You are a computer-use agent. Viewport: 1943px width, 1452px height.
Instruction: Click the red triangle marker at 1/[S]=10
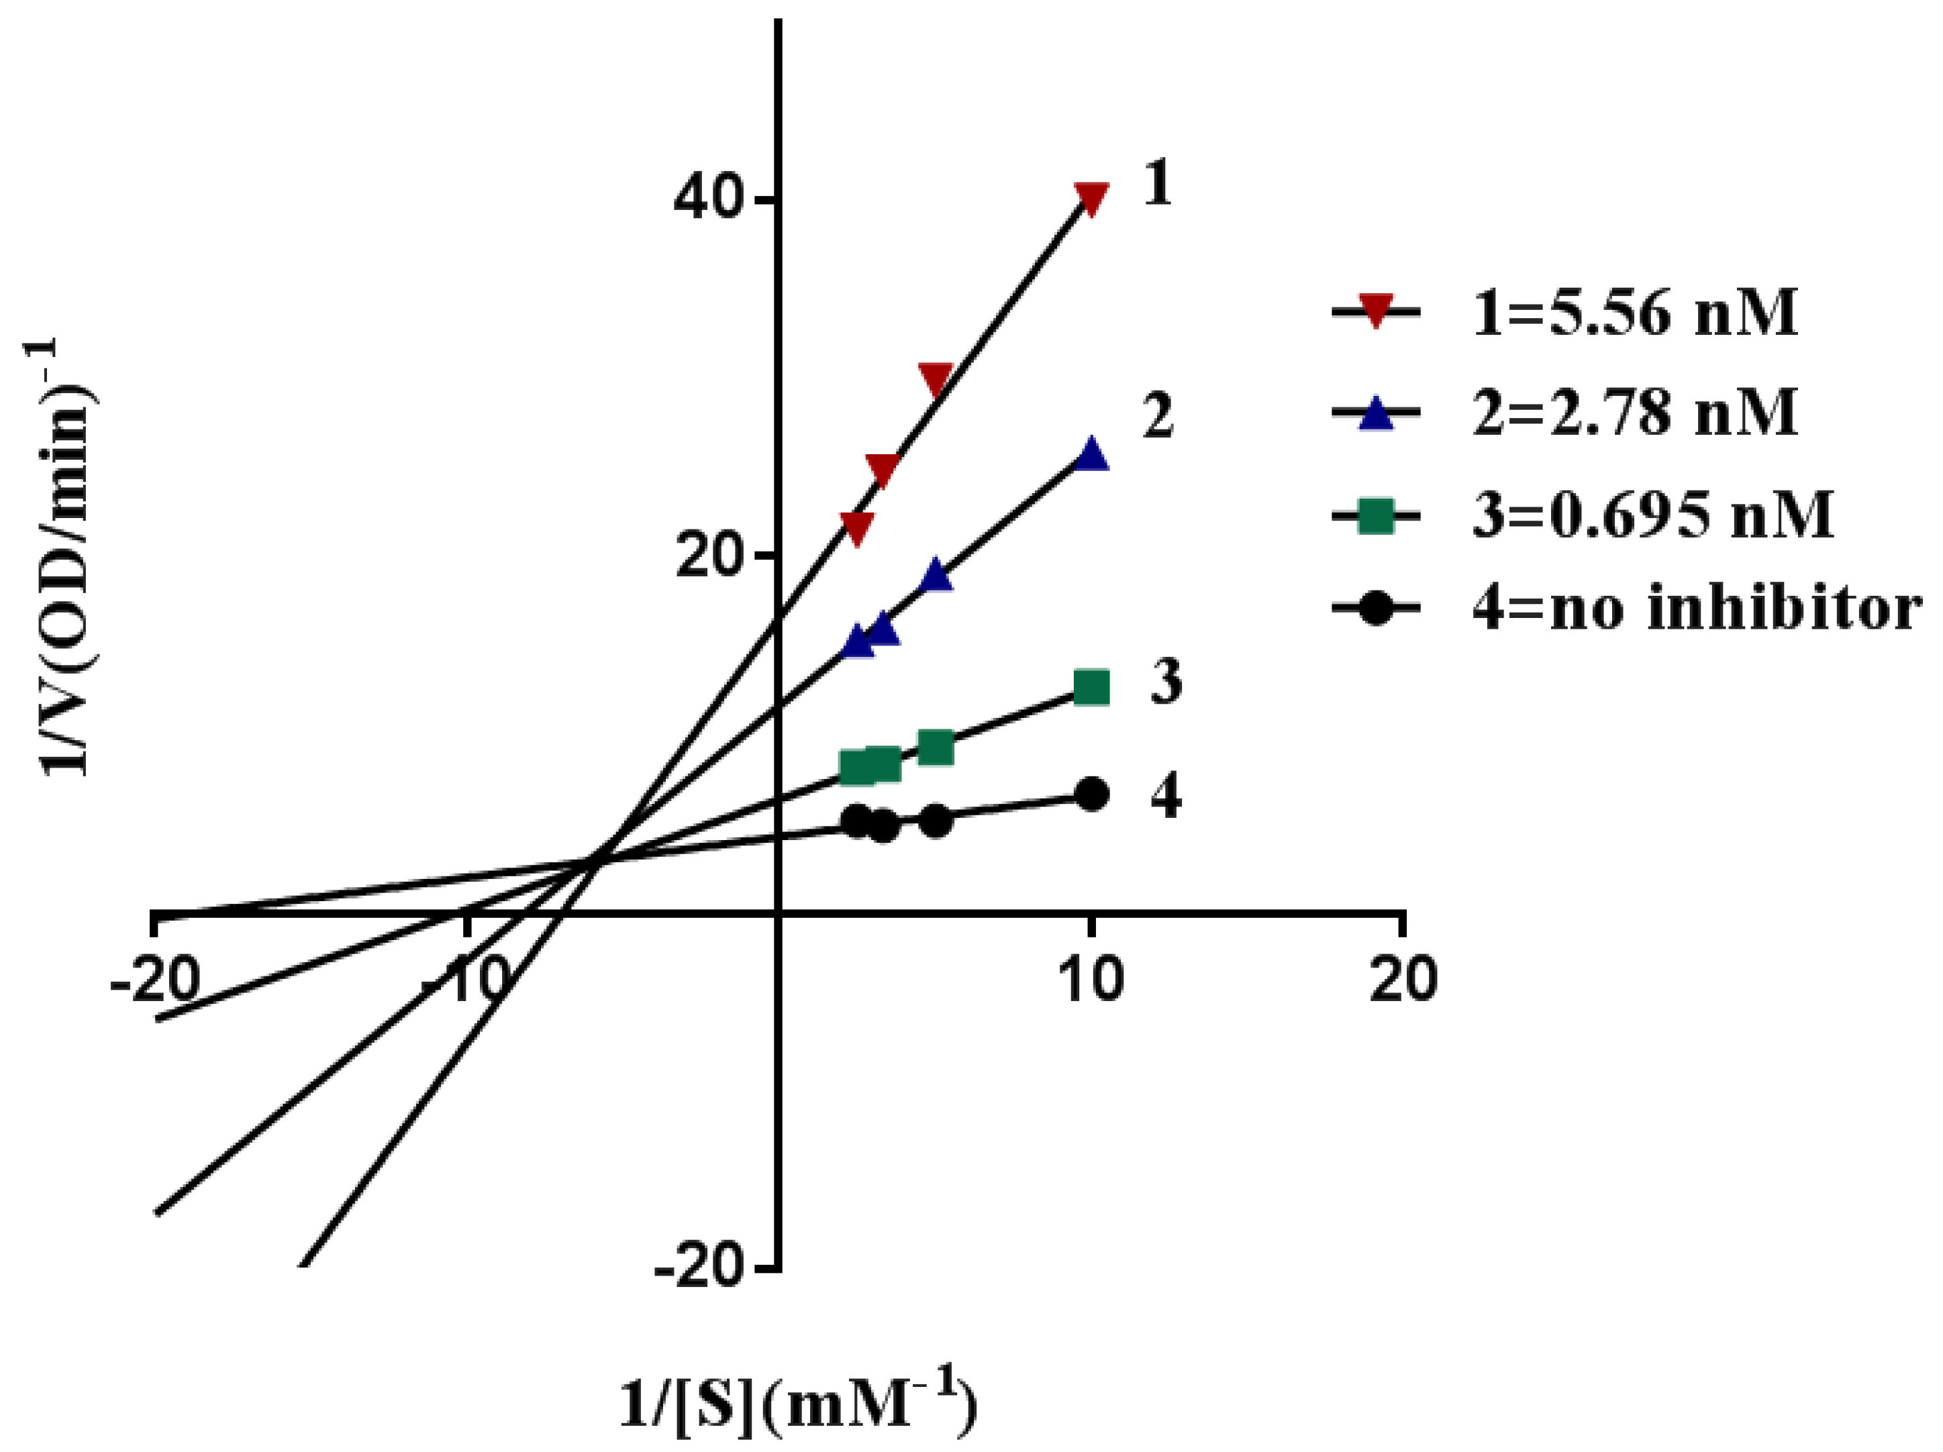pyautogui.click(x=1091, y=198)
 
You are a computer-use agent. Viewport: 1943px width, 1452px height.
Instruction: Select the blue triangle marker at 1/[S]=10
pyautogui.click(x=1091, y=456)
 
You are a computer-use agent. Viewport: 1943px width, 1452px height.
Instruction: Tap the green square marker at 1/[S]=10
pyautogui.click(x=1091, y=688)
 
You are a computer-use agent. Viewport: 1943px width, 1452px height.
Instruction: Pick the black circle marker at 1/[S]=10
pyautogui.click(x=1091, y=794)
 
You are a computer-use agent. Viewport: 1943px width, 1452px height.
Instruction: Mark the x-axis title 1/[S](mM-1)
pyautogui.click(x=797, y=1406)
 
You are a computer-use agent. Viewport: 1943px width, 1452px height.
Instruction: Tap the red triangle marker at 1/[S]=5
pyautogui.click(x=936, y=378)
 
